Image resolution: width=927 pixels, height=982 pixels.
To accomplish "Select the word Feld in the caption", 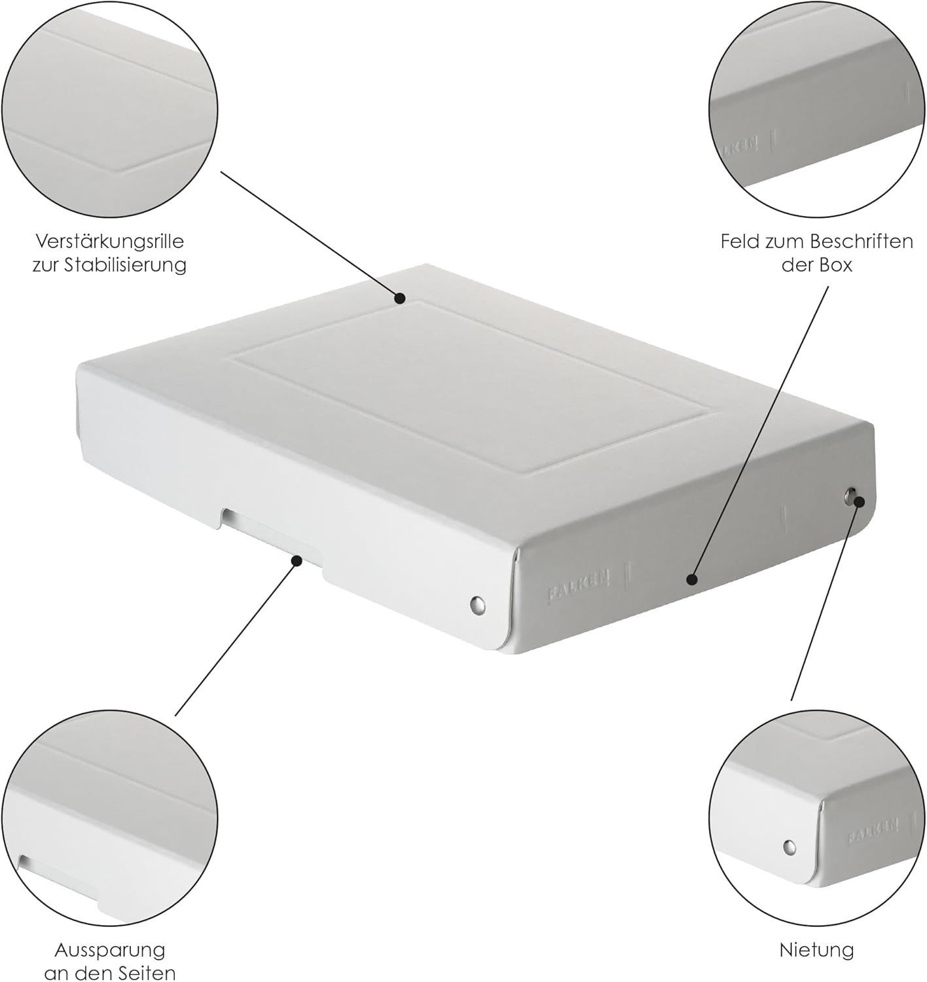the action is point(740,242).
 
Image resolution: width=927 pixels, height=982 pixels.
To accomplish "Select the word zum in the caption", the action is point(786,242).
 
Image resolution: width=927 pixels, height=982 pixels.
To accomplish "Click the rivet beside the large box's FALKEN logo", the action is point(477,603).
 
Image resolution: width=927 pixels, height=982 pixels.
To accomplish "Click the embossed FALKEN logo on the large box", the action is point(578,586).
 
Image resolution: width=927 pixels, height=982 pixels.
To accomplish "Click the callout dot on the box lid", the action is point(400,298).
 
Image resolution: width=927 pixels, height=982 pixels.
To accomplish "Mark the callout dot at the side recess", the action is point(297,560).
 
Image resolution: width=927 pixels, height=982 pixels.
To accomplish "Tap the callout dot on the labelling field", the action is point(693,579).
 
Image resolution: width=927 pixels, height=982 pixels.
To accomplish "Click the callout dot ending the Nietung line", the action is point(860,502).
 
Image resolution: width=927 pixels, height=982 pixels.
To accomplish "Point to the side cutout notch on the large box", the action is point(272,536).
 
